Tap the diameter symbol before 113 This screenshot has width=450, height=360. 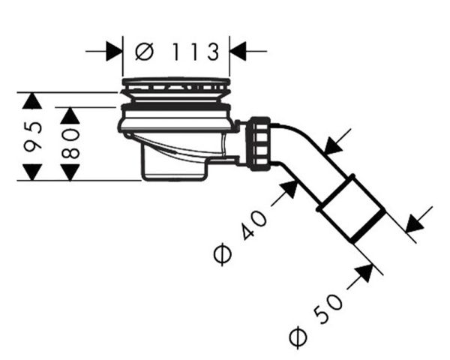tap(144, 52)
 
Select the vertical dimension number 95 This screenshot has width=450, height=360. tap(33, 136)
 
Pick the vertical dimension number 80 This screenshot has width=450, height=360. tap(70, 143)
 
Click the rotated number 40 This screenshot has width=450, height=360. tap(254, 224)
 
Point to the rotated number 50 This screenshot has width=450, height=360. tap(328, 308)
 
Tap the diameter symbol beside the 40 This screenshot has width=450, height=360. tap(223, 253)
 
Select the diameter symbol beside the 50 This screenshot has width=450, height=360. tap(298, 337)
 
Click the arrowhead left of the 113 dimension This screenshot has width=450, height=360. tap(114, 52)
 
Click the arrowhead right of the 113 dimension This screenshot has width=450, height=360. tap(238, 52)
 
